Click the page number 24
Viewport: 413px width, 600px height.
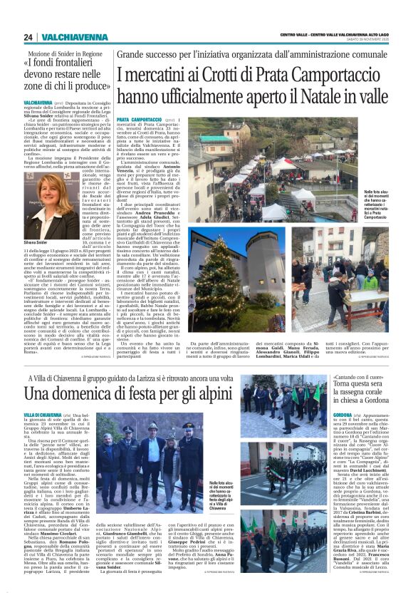click(x=28, y=37)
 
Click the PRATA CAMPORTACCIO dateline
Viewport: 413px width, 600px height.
click(x=139, y=119)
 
